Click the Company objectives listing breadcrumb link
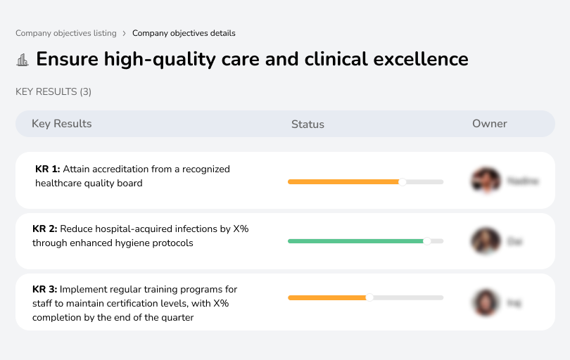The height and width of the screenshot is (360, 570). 66,33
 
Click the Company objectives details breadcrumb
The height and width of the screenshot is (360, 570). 184,33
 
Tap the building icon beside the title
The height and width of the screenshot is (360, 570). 23,60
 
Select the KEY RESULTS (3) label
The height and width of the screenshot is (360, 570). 53,91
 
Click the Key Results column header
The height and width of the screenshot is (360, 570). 61,124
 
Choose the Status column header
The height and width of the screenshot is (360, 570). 308,124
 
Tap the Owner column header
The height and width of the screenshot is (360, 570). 489,124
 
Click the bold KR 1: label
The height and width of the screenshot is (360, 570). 48,169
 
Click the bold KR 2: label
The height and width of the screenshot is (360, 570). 45,229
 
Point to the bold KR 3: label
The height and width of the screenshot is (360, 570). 45,290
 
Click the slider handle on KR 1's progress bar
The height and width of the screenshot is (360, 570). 403,182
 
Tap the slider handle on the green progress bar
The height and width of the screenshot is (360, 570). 426,241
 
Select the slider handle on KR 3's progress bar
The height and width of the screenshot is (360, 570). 369,297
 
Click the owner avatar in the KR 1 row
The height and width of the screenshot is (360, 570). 486,181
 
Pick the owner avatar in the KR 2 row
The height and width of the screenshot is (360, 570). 486,241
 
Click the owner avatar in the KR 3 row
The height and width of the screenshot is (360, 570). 486,302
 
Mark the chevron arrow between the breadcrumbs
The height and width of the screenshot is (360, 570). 125,33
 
